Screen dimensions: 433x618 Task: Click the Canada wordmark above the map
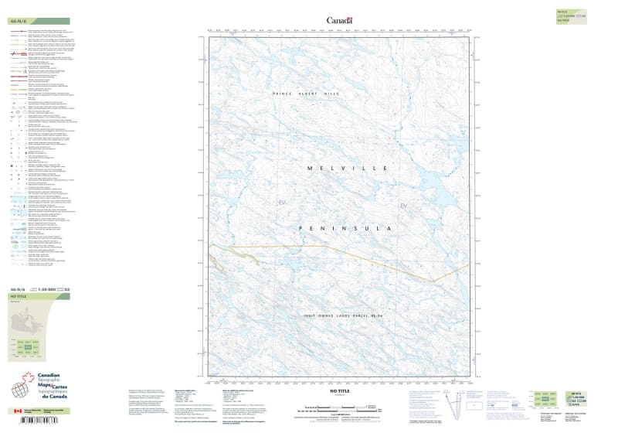point(339,20)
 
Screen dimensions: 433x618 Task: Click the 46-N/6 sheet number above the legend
point(16,21)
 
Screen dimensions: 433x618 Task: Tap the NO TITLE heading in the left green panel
point(18,296)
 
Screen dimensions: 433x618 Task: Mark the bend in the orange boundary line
point(433,281)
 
